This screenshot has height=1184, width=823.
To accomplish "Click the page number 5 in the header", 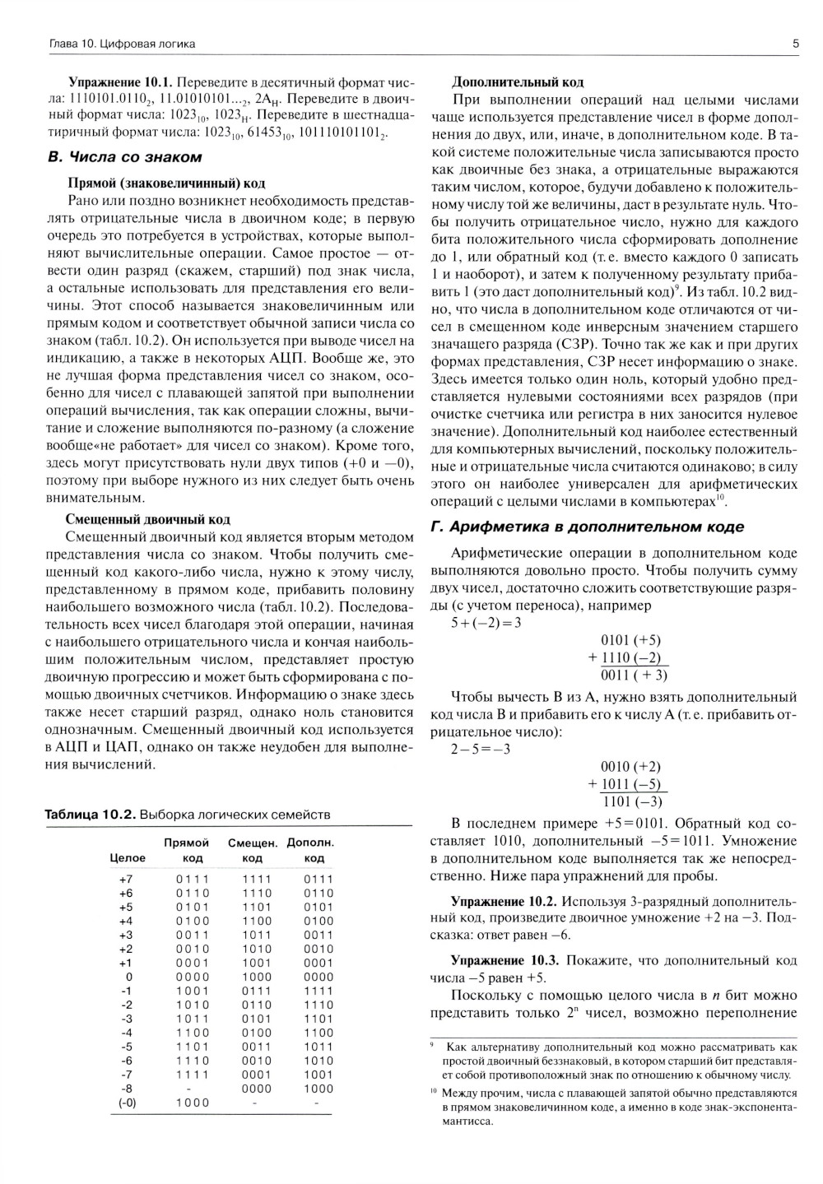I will click(x=795, y=44).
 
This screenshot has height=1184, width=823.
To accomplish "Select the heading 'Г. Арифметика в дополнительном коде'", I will click(x=588, y=527).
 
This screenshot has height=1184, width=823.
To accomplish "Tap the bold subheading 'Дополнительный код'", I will click(x=518, y=82).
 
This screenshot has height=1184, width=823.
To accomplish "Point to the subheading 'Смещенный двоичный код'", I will click(x=148, y=519).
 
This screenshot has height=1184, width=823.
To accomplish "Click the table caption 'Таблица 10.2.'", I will click(x=90, y=815).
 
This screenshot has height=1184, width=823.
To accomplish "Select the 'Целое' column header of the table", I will click(x=127, y=858).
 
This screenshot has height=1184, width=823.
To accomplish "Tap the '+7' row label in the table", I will click(x=126, y=879).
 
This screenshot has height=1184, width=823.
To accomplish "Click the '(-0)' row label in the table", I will click(x=126, y=1103).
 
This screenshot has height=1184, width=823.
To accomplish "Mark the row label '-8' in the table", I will click(x=126, y=1089).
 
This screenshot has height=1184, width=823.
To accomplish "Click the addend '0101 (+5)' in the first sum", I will click(x=631, y=641).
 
